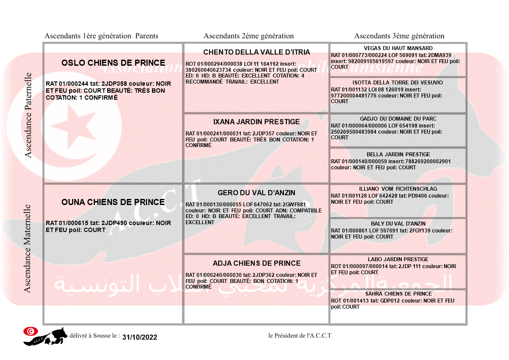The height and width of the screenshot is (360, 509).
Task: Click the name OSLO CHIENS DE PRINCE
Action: pos(113,63)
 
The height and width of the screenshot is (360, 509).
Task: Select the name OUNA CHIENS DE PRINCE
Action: pos(113,202)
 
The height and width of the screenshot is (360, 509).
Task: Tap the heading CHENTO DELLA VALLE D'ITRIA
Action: pos(257,52)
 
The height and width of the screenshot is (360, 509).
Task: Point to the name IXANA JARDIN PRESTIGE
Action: pos(256,122)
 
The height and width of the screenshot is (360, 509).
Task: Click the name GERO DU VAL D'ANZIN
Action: pos(256,193)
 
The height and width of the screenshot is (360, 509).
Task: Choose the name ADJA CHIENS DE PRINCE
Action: pos(256,263)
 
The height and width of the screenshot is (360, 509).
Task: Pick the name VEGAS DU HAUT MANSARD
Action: pos(398,48)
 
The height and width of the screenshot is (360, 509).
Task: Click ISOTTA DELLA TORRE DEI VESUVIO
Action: pos(398,83)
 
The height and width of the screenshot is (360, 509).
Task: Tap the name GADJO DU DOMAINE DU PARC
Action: pos(398,119)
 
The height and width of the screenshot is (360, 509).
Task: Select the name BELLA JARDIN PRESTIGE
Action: pos(398,155)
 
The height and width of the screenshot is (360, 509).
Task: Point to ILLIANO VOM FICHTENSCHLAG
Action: pos(398,189)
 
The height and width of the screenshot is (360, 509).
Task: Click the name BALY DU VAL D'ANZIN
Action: pos(398,224)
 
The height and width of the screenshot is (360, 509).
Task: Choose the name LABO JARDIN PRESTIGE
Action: pos(398,259)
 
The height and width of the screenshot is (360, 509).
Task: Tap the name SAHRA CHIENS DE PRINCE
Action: pos(398,294)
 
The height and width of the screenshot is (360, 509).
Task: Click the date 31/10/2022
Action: pos(140,337)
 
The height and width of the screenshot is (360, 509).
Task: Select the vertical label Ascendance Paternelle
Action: pos(28,115)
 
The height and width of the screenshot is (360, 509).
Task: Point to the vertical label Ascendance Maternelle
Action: pos(27,249)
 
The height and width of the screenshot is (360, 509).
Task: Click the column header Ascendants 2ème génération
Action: pos(249,36)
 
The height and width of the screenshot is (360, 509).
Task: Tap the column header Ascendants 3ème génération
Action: pos(399,36)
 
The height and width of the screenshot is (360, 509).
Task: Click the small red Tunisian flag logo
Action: pos(30,331)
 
